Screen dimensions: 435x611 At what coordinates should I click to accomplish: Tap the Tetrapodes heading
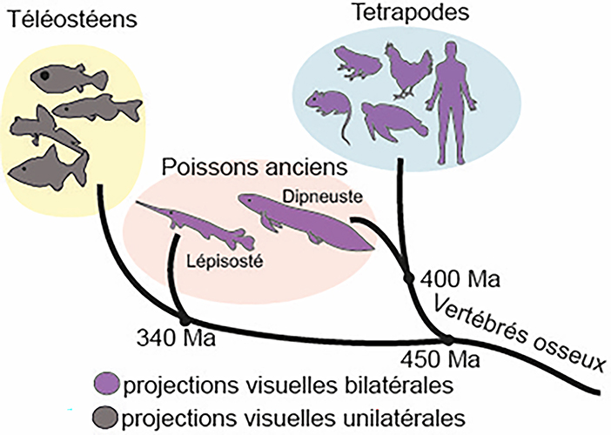tap(399, 12)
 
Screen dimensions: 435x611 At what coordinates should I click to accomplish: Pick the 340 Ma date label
tap(166, 337)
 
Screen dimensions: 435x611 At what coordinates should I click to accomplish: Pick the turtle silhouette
tap(392, 121)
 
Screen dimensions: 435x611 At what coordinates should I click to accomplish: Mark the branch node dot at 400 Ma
tap(407, 278)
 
